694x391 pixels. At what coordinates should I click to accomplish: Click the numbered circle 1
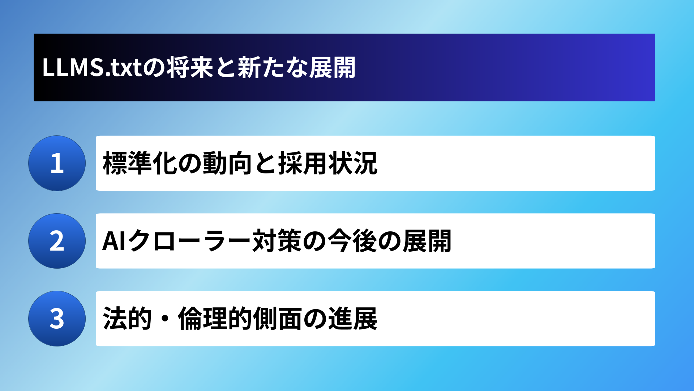tap(57, 163)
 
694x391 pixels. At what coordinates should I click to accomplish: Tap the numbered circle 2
tap(57, 241)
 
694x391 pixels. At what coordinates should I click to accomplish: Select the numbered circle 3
tap(57, 319)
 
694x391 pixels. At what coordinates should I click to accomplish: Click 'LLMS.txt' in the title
tap(92, 67)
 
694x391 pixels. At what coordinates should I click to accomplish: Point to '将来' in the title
tap(190, 67)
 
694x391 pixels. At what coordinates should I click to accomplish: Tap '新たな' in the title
tap(273, 67)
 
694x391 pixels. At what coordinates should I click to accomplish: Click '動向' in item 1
tap(227, 163)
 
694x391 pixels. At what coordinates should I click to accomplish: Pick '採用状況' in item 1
tap(328, 163)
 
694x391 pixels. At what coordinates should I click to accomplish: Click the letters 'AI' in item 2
tap(114, 241)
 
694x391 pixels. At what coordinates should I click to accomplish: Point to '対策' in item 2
tap(277, 241)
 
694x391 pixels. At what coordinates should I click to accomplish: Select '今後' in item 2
tap(352, 241)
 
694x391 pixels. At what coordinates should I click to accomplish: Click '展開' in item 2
tap(427, 241)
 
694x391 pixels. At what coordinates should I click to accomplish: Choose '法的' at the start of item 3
tap(127, 319)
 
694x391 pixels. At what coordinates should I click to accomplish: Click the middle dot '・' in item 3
tap(165, 319)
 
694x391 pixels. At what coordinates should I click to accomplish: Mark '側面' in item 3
tap(277, 319)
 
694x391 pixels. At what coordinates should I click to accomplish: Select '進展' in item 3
tap(352, 319)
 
